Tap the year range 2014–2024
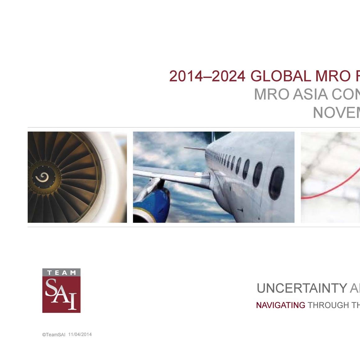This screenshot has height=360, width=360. [x=207, y=76]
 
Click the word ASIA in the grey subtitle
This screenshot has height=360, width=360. [x=310, y=94]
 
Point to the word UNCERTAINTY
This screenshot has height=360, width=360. [x=302, y=288]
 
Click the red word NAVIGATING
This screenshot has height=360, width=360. [x=280, y=305]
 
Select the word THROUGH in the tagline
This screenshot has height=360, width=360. [x=328, y=305]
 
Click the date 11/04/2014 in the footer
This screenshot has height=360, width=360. [x=80, y=335]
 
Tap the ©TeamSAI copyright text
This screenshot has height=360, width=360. [x=54, y=335]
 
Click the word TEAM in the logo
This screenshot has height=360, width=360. [x=61, y=273]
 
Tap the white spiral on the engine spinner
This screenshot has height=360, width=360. [x=42, y=178]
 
